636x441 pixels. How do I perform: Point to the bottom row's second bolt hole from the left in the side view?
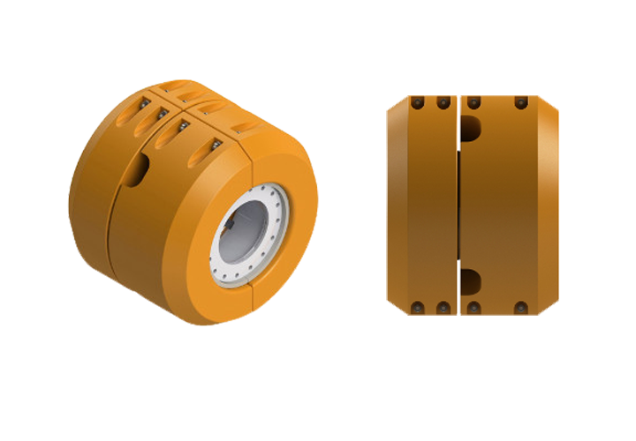[441, 308]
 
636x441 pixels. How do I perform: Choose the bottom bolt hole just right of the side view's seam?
[474, 308]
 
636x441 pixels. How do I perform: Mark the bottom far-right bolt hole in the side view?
[520, 308]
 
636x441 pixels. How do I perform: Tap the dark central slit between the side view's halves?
[459, 207]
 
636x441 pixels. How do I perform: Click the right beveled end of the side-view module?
[549, 205]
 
